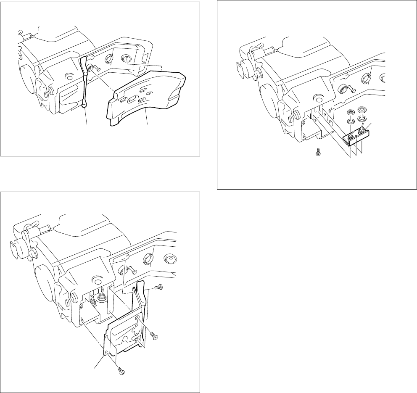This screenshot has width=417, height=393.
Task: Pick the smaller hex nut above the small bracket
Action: pyautogui.click(x=349, y=113)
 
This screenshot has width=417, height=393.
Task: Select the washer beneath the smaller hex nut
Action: pyautogui.click(x=349, y=122)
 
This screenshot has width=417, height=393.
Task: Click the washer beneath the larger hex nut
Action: pyautogui.click(x=361, y=119)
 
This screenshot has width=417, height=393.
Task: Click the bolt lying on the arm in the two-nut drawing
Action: pyautogui.click(x=346, y=88)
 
